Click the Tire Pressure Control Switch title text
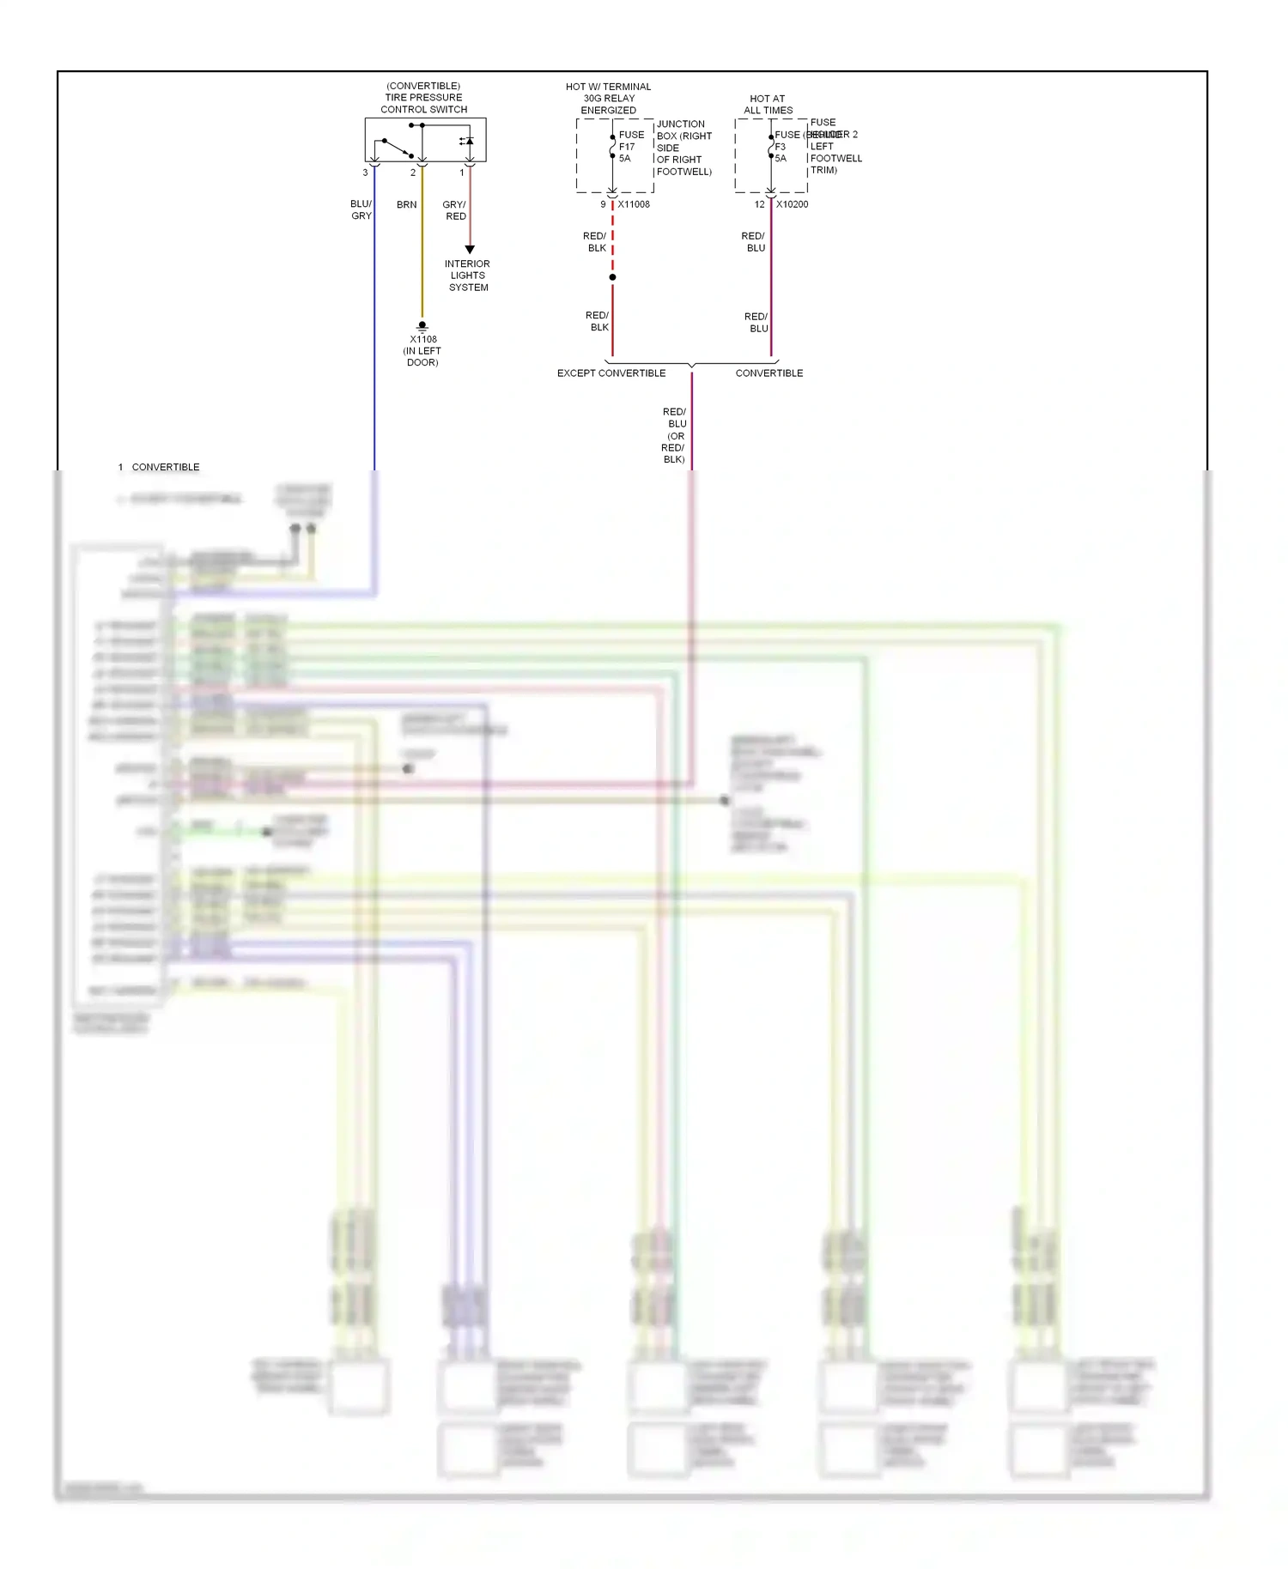[423, 98]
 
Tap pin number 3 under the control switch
[365, 173]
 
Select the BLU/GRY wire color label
[361, 210]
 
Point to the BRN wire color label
[407, 205]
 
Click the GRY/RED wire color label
[455, 210]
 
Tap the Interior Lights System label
[468, 276]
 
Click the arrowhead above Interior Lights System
[470, 250]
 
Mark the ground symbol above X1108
[422, 326]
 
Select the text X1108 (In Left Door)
[422, 351]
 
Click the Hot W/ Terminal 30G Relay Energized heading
[609, 99]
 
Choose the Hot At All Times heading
[768, 105]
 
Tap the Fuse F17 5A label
[630, 147]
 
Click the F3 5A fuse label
[781, 152]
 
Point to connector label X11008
[634, 204]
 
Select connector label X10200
[792, 204]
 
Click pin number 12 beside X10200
[759, 204]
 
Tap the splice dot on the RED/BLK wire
[612, 277]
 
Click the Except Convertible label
[611, 373]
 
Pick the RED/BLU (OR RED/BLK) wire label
[674, 436]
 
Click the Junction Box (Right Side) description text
[683, 148]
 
